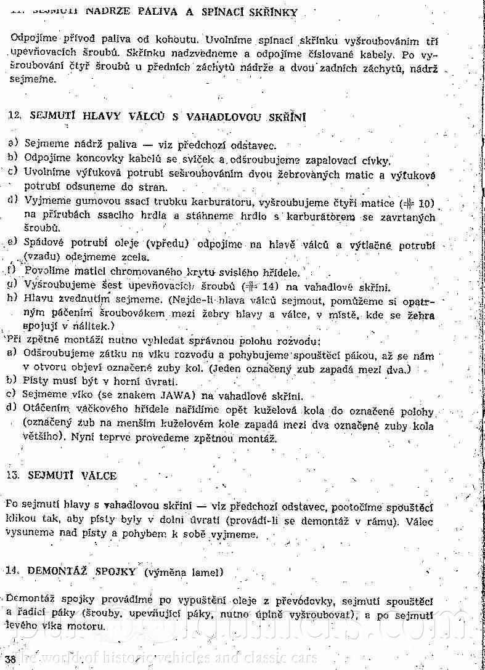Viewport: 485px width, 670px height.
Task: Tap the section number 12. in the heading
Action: (x=15, y=116)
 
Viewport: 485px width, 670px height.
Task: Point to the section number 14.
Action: (x=14, y=571)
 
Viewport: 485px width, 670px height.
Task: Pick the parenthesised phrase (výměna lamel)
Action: (x=183, y=571)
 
